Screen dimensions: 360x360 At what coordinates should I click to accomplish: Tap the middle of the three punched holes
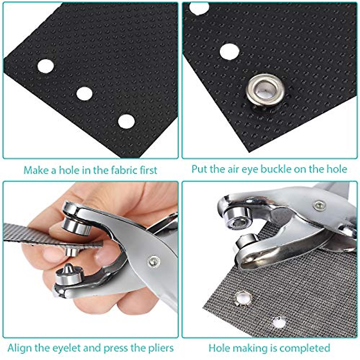(84, 94)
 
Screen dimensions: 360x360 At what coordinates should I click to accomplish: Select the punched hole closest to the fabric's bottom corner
(126, 121)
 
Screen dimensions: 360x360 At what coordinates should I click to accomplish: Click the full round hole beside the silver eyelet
(229, 51)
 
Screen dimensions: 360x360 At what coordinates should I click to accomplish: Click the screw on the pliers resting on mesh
(319, 205)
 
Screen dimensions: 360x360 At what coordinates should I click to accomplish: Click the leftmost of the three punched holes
(45, 66)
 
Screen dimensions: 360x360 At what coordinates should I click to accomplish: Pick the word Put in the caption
(200, 169)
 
